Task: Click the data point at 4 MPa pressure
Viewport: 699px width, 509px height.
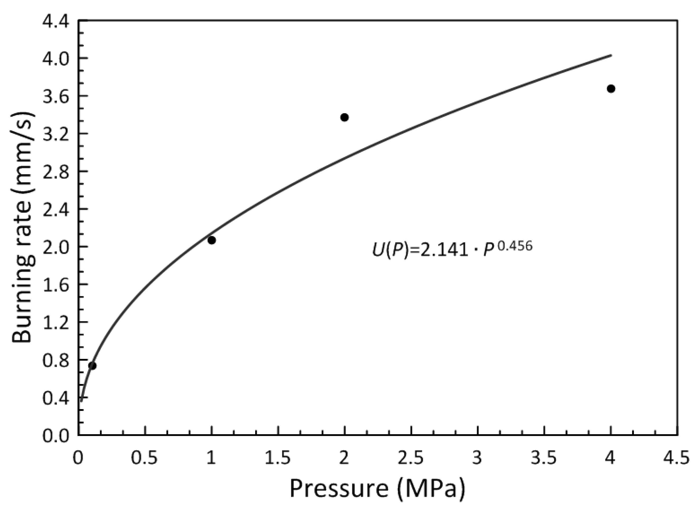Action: point(611,89)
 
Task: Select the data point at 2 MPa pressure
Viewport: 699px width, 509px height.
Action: point(344,117)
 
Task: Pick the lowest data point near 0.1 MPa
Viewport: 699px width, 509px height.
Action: point(92,366)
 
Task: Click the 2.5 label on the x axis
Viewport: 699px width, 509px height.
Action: point(411,459)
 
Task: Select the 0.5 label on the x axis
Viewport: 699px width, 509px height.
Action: point(145,459)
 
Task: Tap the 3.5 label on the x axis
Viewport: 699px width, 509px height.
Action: point(544,459)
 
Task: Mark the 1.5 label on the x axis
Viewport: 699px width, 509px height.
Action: point(278,459)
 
